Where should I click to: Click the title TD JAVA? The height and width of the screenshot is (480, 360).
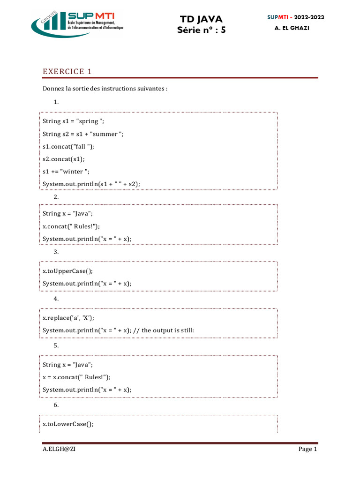point(201,19)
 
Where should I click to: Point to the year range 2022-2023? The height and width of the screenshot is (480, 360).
point(309,17)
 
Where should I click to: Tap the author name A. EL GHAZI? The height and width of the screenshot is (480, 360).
point(292,28)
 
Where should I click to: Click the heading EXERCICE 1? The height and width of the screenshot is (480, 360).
point(67,71)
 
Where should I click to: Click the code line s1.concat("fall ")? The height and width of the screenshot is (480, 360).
point(68,146)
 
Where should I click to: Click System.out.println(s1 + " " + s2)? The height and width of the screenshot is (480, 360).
point(91,184)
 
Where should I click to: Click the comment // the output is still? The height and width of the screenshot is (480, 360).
point(167,330)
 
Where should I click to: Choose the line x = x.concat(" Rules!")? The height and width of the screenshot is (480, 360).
point(76,377)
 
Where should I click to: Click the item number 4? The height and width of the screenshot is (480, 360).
point(56,299)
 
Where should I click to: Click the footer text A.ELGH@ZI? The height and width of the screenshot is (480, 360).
point(59,449)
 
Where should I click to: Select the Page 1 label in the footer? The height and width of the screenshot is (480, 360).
point(308,449)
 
